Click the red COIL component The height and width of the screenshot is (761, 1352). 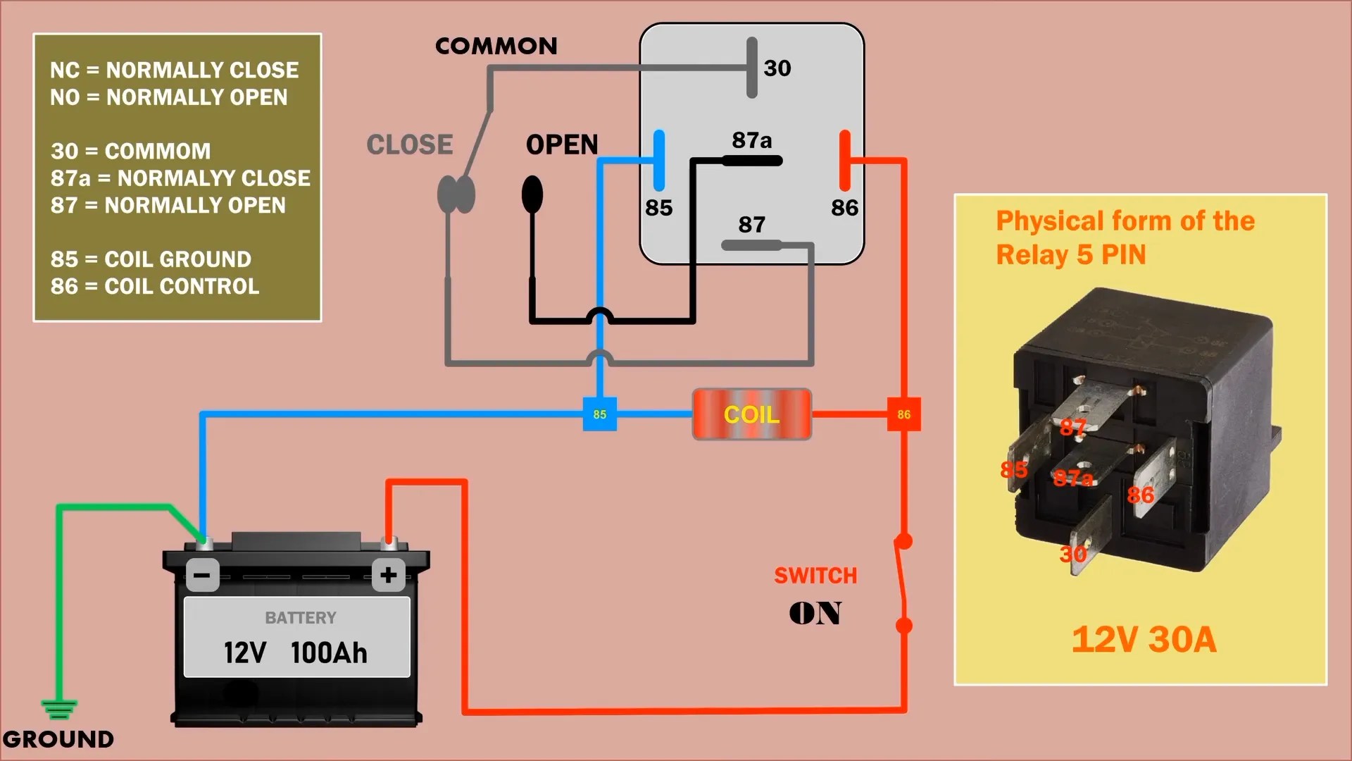click(x=751, y=414)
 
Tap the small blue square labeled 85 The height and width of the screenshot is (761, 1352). click(x=599, y=414)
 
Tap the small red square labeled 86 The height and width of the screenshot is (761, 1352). click(x=903, y=414)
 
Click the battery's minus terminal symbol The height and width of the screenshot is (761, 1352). click(x=202, y=575)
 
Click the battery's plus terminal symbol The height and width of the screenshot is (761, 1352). click(x=388, y=575)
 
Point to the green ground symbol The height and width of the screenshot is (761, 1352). click(x=59, y=707)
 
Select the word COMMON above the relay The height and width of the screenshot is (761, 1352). click(x=496, y=47)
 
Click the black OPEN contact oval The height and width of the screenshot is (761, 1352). click(x=532, y=194)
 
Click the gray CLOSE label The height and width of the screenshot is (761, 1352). click(x=410, y=144)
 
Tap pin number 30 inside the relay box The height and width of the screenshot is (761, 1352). click(x=777, y=68)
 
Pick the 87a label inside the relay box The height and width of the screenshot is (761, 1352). click(x=751, y=140)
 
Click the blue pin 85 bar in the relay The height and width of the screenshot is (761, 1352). click(x=659, y=161)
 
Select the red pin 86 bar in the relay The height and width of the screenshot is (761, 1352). click(x=845, y=161)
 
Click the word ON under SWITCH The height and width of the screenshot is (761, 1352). click(x=815, y=613)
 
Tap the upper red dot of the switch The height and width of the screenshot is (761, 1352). click(x=903, y=541)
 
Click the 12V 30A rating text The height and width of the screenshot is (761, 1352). click(x=1144, y=640)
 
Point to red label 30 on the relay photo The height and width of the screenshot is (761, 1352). click(x=1072, y=554)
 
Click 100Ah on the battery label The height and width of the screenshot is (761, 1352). click(x=329, y=653)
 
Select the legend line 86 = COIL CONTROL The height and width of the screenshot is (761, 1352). click(x=155, y=286)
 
